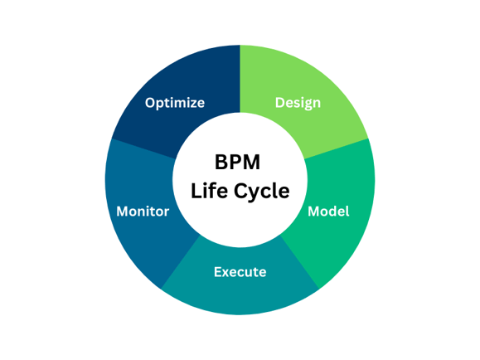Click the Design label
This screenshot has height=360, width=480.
298,104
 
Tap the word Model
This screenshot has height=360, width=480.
328,211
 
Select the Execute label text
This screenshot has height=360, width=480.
240,271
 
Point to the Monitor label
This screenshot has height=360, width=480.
143,211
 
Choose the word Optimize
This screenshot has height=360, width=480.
175,103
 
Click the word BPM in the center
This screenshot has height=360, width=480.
240,163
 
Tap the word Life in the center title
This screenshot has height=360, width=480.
208,191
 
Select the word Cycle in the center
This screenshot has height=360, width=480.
260,191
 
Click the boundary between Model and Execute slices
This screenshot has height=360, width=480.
300,263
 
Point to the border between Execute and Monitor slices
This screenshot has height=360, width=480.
181,263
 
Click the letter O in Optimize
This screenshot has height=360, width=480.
150,103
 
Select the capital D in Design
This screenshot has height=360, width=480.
280,104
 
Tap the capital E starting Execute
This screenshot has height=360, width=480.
218,271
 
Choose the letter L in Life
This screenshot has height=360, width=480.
196,191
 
